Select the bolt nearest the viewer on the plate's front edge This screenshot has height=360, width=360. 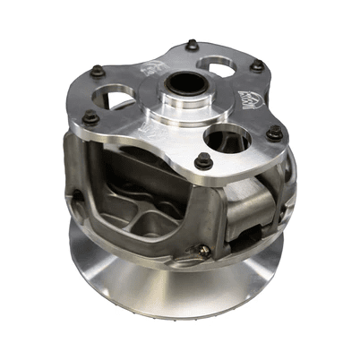point(203,161)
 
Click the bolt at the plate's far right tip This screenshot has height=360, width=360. point(275,133)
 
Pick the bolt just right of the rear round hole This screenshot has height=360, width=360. point(257,65)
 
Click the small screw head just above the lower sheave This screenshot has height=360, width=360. point(204,252)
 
